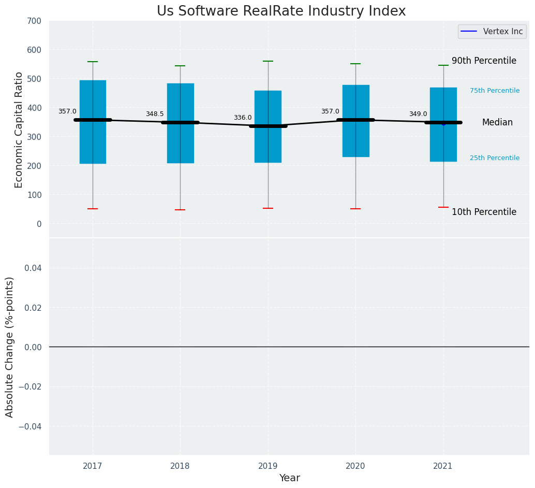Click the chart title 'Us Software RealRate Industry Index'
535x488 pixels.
(281, 11)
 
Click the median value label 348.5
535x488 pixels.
(155, 114)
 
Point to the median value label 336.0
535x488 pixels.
(243, 118)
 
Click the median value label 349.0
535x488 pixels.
(418, 114)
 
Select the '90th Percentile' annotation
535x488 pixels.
(484, 61)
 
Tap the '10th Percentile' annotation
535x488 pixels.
(484, 212)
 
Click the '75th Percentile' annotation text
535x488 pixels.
(495, 91)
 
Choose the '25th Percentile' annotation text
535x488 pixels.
(495, 158)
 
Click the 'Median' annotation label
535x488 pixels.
(497, 123)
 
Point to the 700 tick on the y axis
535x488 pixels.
(35, 21)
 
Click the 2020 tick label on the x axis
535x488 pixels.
(355, 466)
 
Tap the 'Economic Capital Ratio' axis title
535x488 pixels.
(19, 130)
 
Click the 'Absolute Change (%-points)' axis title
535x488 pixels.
(10, 347)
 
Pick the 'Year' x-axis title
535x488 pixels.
(289, 478)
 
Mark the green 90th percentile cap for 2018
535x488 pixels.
(180, 66)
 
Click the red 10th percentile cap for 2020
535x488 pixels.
(355, 209)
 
